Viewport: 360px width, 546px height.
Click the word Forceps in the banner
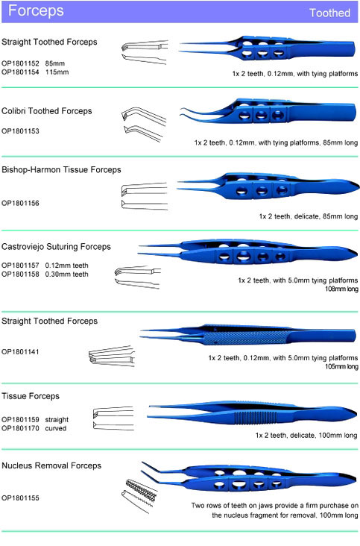click(x=36, y=10)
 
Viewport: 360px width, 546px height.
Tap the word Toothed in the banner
click(x=329, y=13)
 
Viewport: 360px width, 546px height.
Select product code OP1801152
click(x=20, y=63)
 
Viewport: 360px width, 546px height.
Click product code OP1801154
click(x=20, y=72)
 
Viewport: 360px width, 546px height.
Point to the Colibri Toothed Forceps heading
click(x=47, y=111)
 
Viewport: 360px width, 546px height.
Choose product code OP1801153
click(x=20, y=131)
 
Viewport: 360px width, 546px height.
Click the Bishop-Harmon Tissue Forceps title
click(x=61, y=170)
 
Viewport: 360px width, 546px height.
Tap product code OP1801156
click(x=20, y=204)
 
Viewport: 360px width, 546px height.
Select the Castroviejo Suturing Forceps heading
click(x=56, y=247)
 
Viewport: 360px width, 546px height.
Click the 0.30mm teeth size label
click(x=66, y=274)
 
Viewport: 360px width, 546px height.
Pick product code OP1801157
click(x=20, y=266)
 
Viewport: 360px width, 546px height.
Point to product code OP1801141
click(x=20, y=352)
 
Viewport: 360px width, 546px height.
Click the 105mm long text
click(x=341, y=367)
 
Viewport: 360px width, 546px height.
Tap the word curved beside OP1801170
click(x=56, y=428)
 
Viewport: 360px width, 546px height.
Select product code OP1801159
click(x=20, y=420)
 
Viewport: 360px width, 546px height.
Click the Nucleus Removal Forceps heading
click(x=51, y=466)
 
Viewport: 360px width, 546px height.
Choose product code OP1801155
click(x=20, y=498)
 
